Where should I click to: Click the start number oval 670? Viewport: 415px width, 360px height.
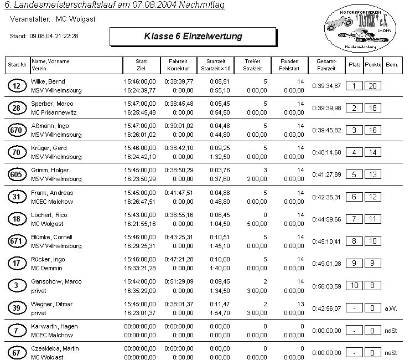click(16, 130)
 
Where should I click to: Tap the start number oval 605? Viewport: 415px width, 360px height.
click(16, 174)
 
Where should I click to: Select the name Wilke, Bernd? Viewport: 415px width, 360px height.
click(49, 81)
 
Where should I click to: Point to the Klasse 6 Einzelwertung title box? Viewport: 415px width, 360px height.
click(193, 37)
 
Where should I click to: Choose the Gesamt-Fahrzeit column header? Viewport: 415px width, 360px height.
click(325, 65)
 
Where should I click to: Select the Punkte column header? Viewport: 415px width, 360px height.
click(373, 65)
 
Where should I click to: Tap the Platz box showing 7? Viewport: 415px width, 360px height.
click(354, 219)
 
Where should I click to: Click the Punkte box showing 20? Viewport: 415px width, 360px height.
click(373, 86)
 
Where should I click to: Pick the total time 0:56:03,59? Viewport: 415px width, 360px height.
click(326, 286)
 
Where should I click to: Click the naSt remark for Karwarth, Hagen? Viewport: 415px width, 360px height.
click(391, 330)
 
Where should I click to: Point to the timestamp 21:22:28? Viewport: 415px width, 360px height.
click(65, 35)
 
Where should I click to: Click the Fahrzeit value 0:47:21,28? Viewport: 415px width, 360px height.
click(179, 259)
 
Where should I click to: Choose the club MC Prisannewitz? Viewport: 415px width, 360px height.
click(54, 112)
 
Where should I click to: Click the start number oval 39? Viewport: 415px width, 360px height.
click(16, 307)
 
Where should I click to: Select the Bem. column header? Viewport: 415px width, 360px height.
click(392, 65)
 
